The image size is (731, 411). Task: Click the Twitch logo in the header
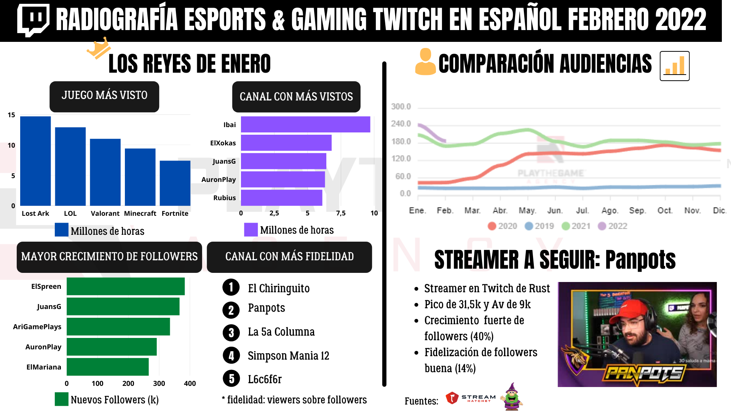33,20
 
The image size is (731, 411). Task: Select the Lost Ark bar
35,161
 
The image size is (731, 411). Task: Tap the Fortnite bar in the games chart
175,183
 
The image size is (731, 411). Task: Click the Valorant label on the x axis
105,213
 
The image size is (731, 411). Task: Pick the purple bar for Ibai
305,124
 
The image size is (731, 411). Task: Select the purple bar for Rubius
281,198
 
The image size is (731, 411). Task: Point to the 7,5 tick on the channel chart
341,213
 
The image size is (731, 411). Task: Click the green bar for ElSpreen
126,287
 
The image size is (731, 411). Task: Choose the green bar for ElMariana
108,367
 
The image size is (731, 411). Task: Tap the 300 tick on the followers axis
159,384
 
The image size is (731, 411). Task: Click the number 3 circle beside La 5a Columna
231,333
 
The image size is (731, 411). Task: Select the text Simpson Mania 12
288,356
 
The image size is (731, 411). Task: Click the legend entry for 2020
502,226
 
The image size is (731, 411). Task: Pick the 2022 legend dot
602,226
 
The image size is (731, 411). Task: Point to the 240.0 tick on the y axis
401,124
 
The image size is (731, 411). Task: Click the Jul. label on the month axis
582,210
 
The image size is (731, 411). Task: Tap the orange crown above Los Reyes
99,48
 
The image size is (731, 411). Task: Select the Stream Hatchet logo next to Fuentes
471,398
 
